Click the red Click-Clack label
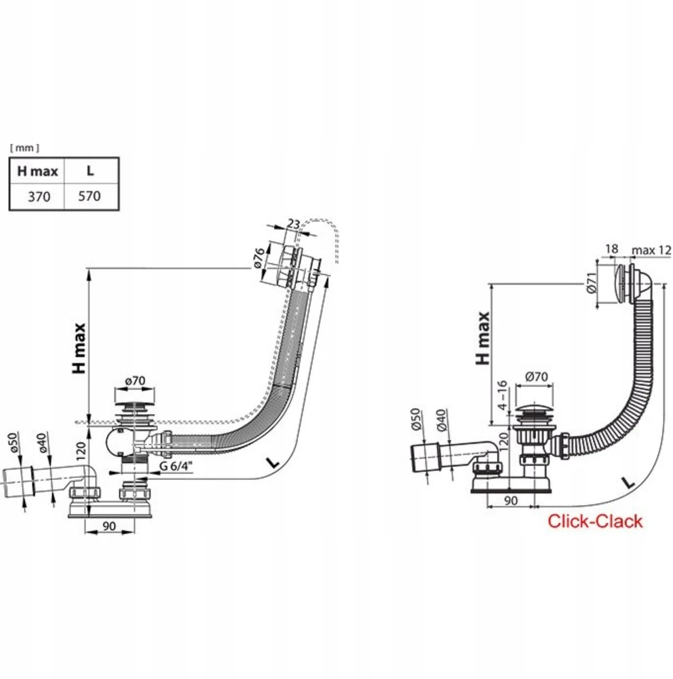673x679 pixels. [x=595, y=521]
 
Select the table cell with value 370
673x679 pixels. [x=39, y=197]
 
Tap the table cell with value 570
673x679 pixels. [x=90, y=196]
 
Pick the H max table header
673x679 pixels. [x=38, y=171]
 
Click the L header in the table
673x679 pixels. [x=90, y=170]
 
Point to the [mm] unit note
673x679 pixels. [x=24, y=148]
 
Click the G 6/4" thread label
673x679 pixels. [x=176, y=466]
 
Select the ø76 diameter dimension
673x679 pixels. [x=258, y=257]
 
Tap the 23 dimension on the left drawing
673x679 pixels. [x=294, y=224]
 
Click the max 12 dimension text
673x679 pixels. [x=651, y=250]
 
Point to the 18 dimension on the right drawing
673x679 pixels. [x=611, y=249]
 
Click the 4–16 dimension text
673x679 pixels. [x=502, y=395]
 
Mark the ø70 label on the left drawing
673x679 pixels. [x=135, y=381]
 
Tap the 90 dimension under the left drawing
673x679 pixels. [x=109, y=526]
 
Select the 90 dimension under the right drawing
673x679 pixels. [x=511, y=500]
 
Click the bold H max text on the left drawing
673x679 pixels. [x=79, y=348]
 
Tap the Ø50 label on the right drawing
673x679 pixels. [x=415, y=419]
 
